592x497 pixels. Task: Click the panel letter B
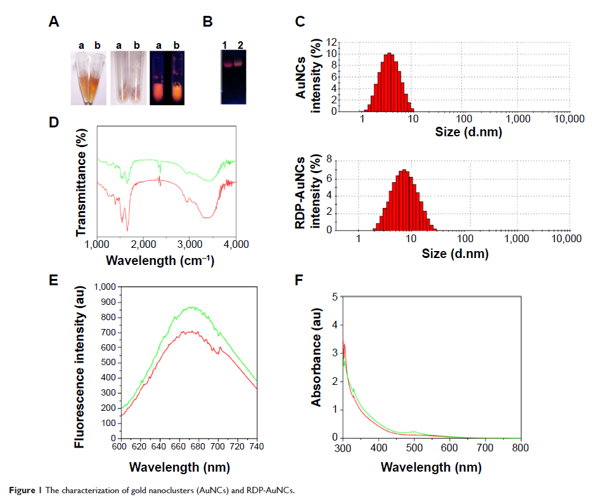click(207, 22)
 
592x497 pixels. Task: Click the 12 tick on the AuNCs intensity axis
click(349, 42)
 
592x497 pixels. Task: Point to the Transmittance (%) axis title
click(81, 180)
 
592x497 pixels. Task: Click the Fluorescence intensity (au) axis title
click(80, 362)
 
